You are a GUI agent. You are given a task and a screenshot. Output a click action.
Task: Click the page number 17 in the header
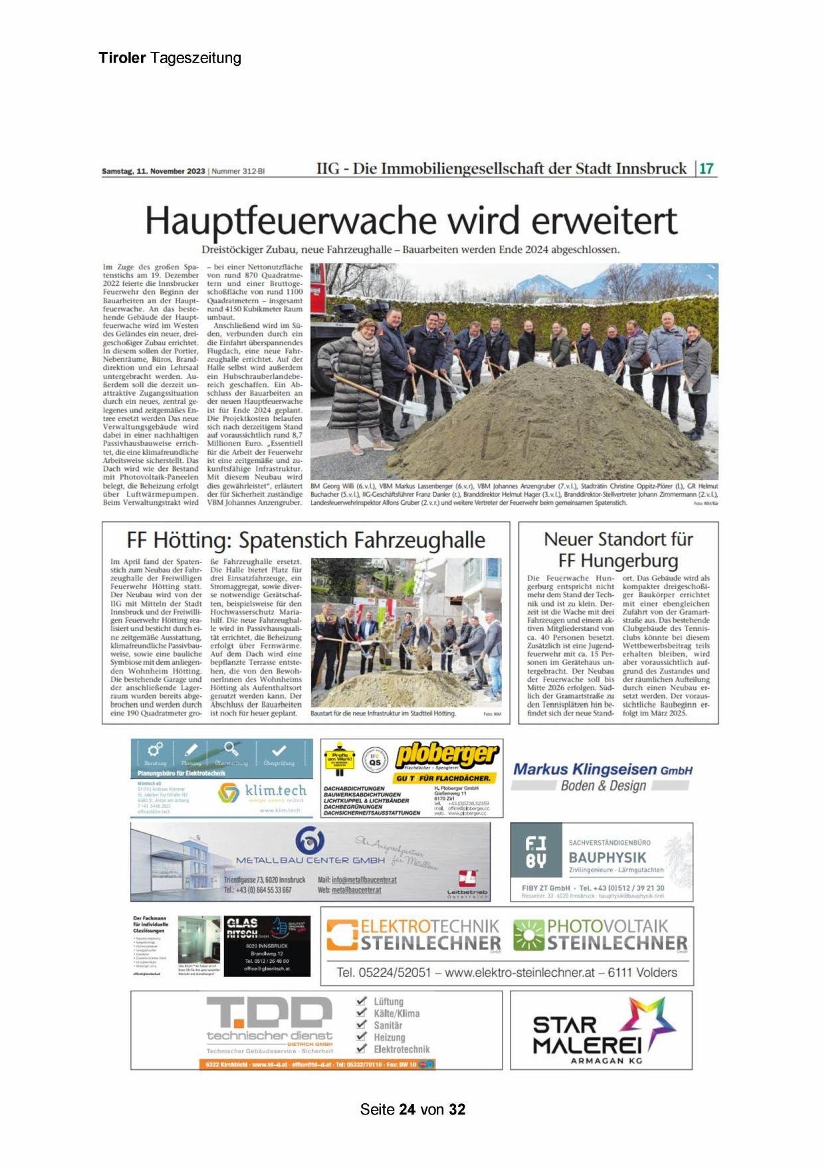tap(707, 168)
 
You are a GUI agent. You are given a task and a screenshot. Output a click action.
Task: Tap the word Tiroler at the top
tap(122, 58)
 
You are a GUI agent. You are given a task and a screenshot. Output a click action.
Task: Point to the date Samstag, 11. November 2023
tap(154, 172)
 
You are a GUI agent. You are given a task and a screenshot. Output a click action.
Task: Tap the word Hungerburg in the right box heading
tap(618, 561)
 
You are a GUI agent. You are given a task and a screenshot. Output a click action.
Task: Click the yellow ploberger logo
tap(446, 755)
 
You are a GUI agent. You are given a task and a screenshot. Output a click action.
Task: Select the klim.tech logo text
tap(275, 790)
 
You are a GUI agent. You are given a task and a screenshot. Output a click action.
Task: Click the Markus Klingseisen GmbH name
tap(602, 769)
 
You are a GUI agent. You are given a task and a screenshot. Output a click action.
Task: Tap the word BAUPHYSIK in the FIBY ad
tap(607, 858)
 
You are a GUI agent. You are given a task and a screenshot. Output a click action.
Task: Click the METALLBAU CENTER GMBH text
tap(310, 860)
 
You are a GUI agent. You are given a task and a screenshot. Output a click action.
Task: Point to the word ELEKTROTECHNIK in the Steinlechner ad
tap(429, 926)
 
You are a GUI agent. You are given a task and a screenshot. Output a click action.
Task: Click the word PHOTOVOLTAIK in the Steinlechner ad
tap(607, 926)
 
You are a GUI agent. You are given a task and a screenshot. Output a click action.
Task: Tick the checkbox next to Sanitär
tap(362, 1025)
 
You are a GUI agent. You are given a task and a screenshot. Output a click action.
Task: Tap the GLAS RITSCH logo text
tap(243, 927)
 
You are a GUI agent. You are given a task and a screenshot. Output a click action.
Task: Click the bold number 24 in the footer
tap(407, 1109)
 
